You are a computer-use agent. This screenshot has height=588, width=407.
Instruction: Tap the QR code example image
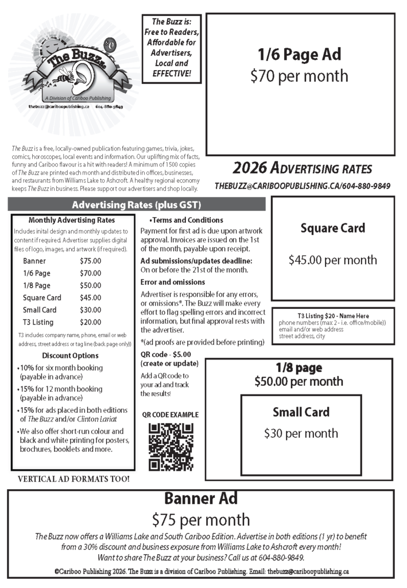click(x=170, y=446)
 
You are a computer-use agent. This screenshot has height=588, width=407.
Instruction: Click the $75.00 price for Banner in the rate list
click(x=90, y=261)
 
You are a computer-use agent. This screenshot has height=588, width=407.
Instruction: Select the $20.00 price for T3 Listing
click(x=90, y=322)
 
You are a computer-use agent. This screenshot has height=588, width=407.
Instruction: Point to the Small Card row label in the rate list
click(x=40, y=310)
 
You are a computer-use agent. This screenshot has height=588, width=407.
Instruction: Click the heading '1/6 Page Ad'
click(x=300, y=55)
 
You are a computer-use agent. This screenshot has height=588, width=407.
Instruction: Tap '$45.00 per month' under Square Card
click(x=332, y=260)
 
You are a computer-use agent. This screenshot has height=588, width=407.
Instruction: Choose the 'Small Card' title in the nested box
click(x=301, y=412)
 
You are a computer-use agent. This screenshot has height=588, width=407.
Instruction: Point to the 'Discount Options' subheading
click(x=71, y=355)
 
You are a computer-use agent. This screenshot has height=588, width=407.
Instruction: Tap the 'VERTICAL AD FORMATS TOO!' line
click(x=73, y=478)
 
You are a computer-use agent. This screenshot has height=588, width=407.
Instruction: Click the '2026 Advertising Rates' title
click(x=303, y=169)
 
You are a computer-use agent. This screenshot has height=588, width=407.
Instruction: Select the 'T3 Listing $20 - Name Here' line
click(x=333, y=316)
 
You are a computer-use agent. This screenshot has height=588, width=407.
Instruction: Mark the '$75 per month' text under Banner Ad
click(x=201, y=520)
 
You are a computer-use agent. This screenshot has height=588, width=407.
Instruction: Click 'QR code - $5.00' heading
click(x=166, y=354)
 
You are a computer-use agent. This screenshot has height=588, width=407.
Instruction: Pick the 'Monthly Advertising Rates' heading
click(x=71, y=220)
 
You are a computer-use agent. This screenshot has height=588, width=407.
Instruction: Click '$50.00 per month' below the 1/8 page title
click(x=299, y=381)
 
